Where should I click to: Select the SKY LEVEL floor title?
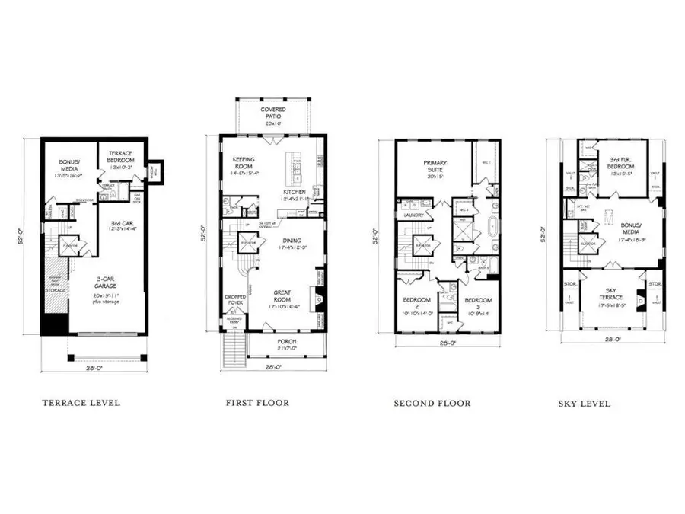pos(584,404)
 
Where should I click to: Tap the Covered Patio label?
pos(273,113)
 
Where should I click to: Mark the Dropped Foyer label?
pos(233,302)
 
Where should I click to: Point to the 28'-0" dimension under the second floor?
pos(448,343)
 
